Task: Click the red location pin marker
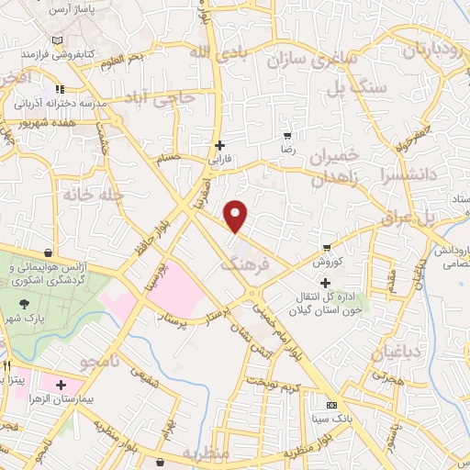(237, 216)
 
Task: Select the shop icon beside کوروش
(327, 248)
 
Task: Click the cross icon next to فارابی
(218, 145)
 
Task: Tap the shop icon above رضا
(287, 135)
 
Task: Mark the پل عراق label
(442, 218)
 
